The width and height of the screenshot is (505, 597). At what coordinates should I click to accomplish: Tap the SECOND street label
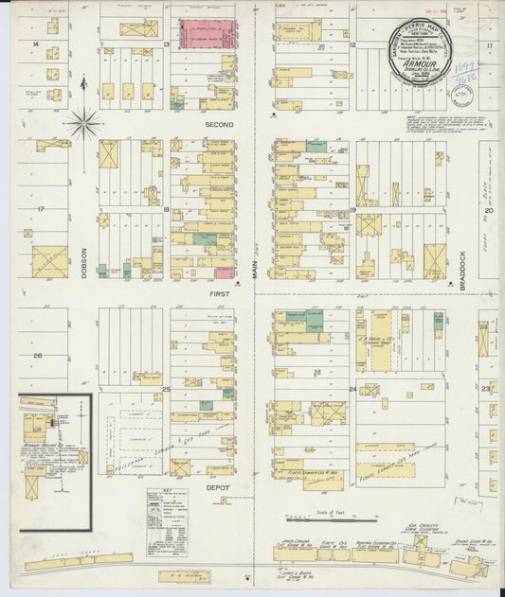pyautogui.click(x=218, y=124)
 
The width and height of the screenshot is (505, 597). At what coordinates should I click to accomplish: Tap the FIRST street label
pyautogui.click(x=219, y=294)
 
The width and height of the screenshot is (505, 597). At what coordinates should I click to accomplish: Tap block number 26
pyautogui.click(x=38, y=355)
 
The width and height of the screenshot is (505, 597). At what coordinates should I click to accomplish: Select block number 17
pyautogui.click(x=41, y=208)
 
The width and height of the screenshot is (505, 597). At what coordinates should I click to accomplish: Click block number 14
pyautogui.click(x=35, y=44)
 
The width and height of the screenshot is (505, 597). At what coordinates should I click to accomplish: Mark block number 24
pyautogui.click(x=352, y=389)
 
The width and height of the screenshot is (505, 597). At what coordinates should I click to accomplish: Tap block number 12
pyautogui.click(x=351, y=44)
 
